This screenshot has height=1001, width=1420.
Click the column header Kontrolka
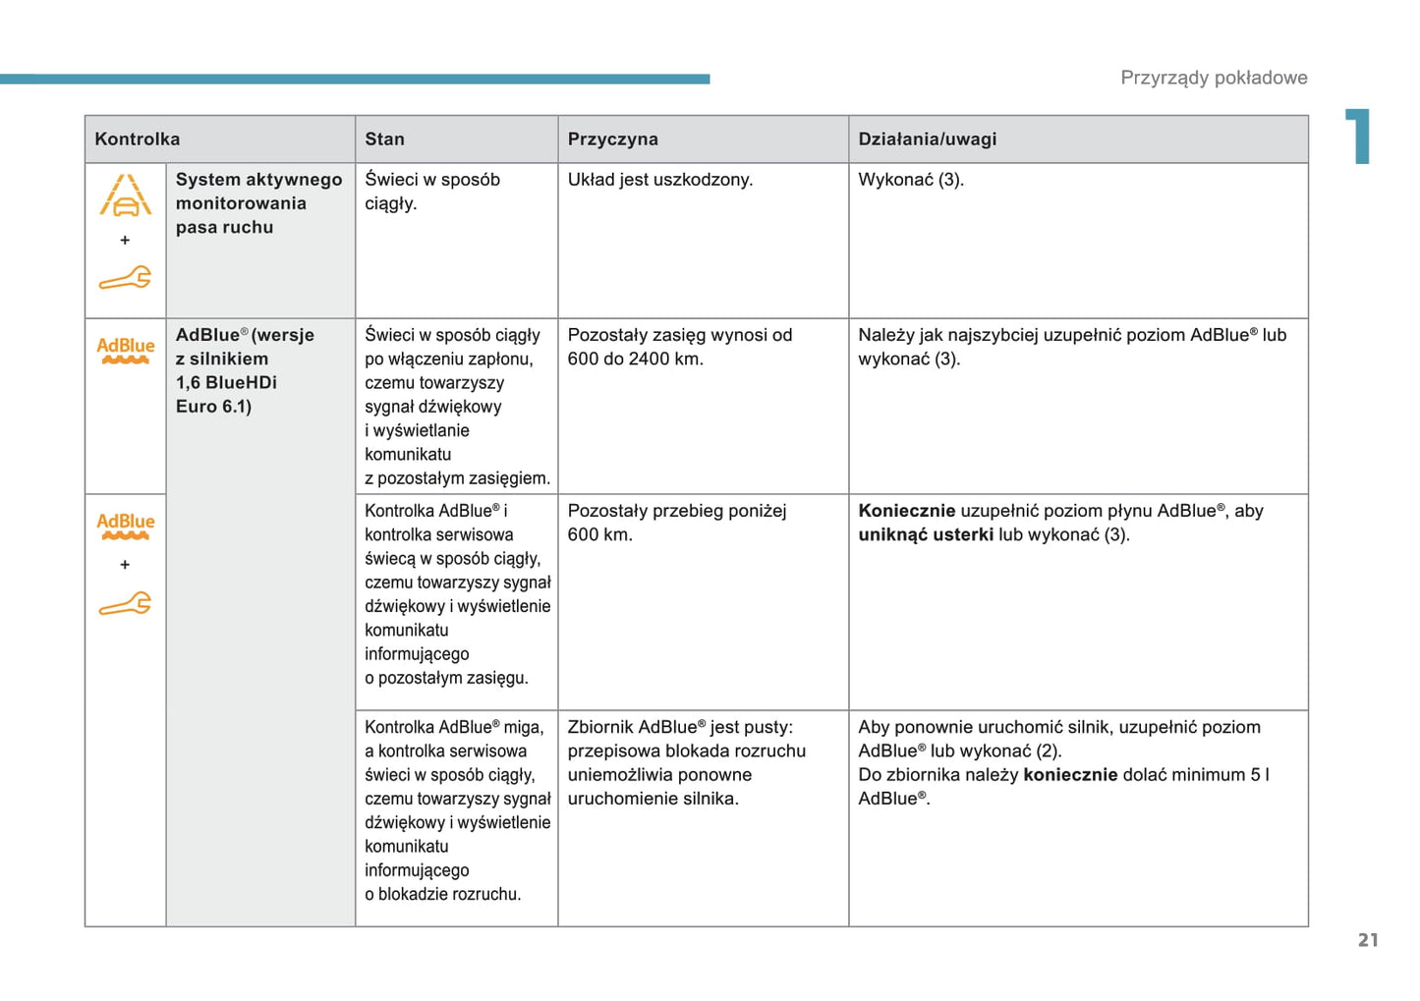click(x=137, y=139)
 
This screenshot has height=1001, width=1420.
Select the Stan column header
click(x=384, y=139)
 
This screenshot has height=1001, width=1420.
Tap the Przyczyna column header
click(x=612, y=139)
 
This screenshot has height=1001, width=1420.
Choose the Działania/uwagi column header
click(x=927, y=139)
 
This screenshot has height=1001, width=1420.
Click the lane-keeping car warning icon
click(x=125, y=195)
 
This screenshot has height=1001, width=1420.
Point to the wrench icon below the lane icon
click(x=125, y=279)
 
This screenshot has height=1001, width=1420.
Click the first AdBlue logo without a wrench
click(x=125, y=350)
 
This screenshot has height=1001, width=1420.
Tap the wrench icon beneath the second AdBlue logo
click(x=125, y=603)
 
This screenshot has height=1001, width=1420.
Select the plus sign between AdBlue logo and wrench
click(x=125, y=565)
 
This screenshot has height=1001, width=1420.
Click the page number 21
click(x=1368, y=940)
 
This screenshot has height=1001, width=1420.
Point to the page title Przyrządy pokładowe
click(x=1214, y=78)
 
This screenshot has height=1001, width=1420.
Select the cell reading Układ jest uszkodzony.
click(x=659, y=180)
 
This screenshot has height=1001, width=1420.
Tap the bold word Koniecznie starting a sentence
click(x=906, y=511)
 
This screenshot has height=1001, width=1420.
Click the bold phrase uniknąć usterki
click(x=925, y=534)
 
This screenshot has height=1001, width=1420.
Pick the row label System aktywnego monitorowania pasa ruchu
click(x=257, y=203)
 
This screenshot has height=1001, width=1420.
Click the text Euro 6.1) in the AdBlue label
click(x=213, y=407)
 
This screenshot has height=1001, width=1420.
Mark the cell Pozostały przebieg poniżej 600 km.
click(x=676, y=523)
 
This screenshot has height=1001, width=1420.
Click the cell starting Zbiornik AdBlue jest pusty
click(x=686, y=762)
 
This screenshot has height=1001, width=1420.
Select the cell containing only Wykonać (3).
click(x=910, y=180)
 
